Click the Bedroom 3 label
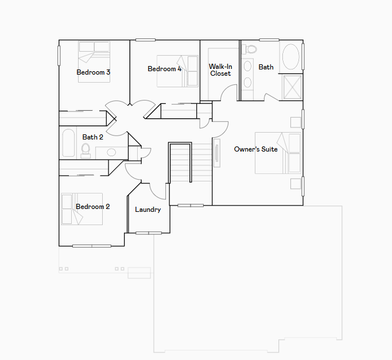[93, 72]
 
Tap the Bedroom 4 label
[165, 69]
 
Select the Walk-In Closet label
[220, 70]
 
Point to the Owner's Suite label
[256, 149]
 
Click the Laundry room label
[148, 210]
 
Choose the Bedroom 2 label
[93, 207]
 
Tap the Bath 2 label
[93, 137]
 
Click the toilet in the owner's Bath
[249, 49]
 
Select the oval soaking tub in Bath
[290, 56]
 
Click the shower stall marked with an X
[293, 88]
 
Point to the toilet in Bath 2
[86, 150]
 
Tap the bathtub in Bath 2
[68, 143]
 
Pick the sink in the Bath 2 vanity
[111, 152]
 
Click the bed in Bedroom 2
[81, 209]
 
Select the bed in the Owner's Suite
[278, 153]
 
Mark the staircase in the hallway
[191, 162]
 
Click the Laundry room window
[149, 233]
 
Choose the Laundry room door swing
[157, 191]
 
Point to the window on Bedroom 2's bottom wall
[92, 246]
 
